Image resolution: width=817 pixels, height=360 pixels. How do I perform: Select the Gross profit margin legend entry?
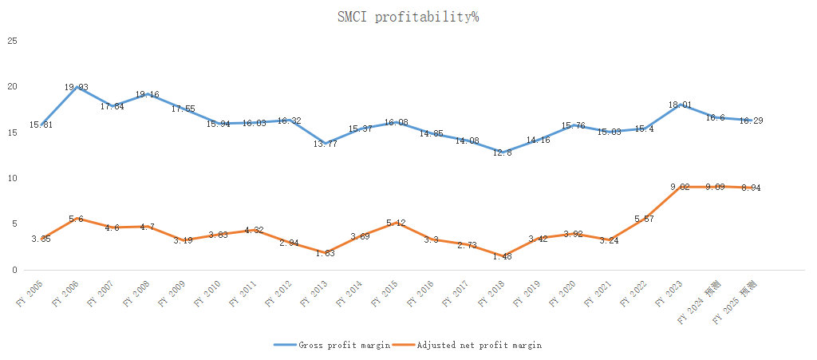click(x=344, y=345)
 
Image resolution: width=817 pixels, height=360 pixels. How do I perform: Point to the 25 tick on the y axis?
click(x=12, y=40)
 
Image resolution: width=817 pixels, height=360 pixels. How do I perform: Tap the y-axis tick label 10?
click(x=12, y=178)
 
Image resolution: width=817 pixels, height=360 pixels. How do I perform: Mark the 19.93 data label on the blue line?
click(x=76, y=87)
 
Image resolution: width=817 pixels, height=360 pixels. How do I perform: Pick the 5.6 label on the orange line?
click(x=76, y=219)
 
